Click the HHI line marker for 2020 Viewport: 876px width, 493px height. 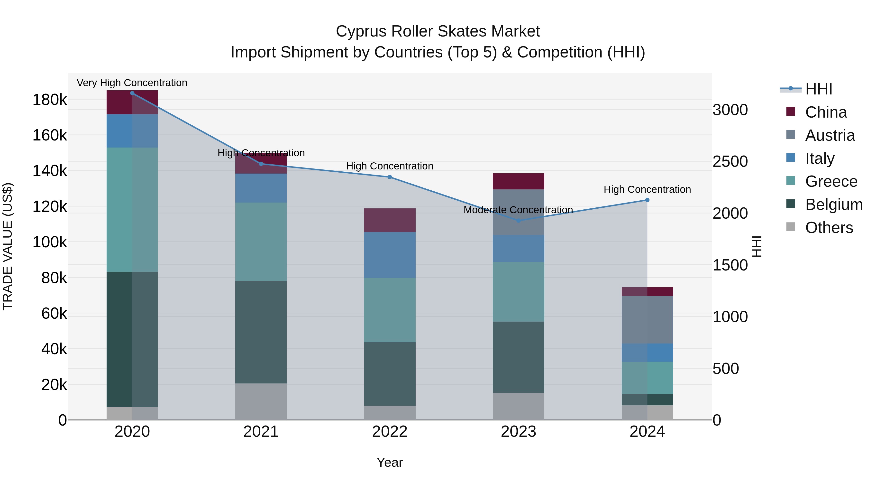pyautogui.click(x=132, y=93)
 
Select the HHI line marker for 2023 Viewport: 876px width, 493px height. pyautogui.click(x=518, y=221)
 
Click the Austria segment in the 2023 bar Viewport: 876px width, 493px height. pyautogui.click(x=518, y=212)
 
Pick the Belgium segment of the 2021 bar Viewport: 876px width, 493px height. pyautogui.click(x=261, y=332)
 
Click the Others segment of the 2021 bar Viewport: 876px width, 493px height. pyautogui.click(x=261, y=401)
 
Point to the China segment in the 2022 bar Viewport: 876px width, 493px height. pyautogui.click(x=390, y=220)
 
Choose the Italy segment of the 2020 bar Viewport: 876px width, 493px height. pyautogui.click(x=132, y=131)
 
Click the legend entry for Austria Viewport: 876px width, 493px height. pyautogui.click(x=830, y=135)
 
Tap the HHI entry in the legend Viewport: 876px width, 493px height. pyautogui.click(x=819, y=89)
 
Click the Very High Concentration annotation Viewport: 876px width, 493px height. pyautogui.click(x=132, y=83)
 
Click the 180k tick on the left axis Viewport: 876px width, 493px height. pyautogui.click(x=50, y=100)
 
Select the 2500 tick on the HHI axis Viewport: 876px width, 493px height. pyautogui.click(x=730, y=162)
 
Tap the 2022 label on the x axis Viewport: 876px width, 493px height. pyautogui.click(x=390, y=432)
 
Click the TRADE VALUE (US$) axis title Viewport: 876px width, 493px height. pyautogui.click(x=8, y=246)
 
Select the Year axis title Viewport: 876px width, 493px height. pyautogui.click(x=390, y=462)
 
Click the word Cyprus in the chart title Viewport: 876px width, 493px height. pyautogui.click(x=361, y=31)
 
